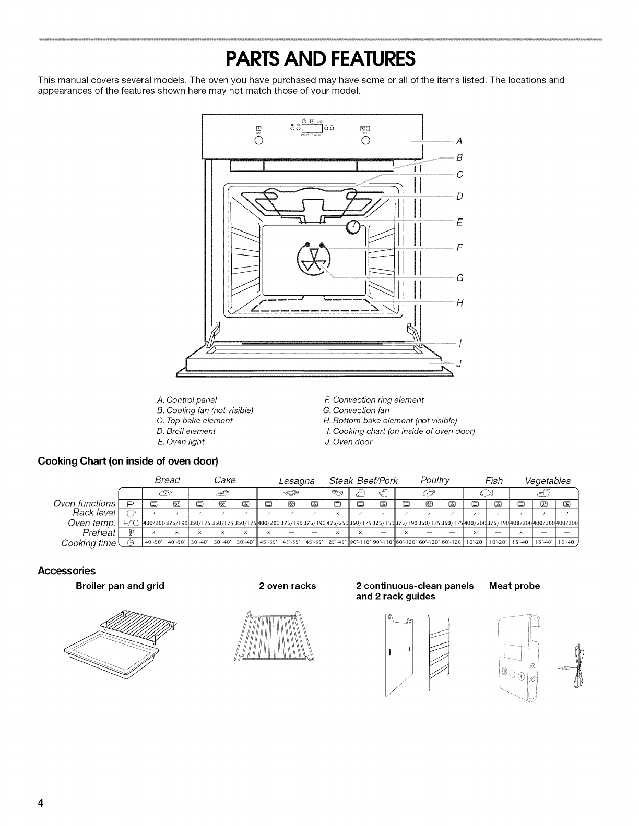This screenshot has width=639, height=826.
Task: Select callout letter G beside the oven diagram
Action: click(x=459, y=277)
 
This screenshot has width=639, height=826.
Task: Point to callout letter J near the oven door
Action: click(x=458, y=363)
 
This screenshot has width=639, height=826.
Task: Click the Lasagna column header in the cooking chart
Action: click(x=297, y=480)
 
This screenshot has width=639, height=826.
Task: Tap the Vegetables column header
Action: click(x=548, y=480)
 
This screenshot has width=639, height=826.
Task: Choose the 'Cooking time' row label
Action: click(x=88, y=543)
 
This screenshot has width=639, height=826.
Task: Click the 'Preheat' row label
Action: click(x=99, y=533)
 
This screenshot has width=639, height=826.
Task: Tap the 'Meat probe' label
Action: click(x=514, y=586)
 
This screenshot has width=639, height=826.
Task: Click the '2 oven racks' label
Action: click(x=287, y=586)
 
